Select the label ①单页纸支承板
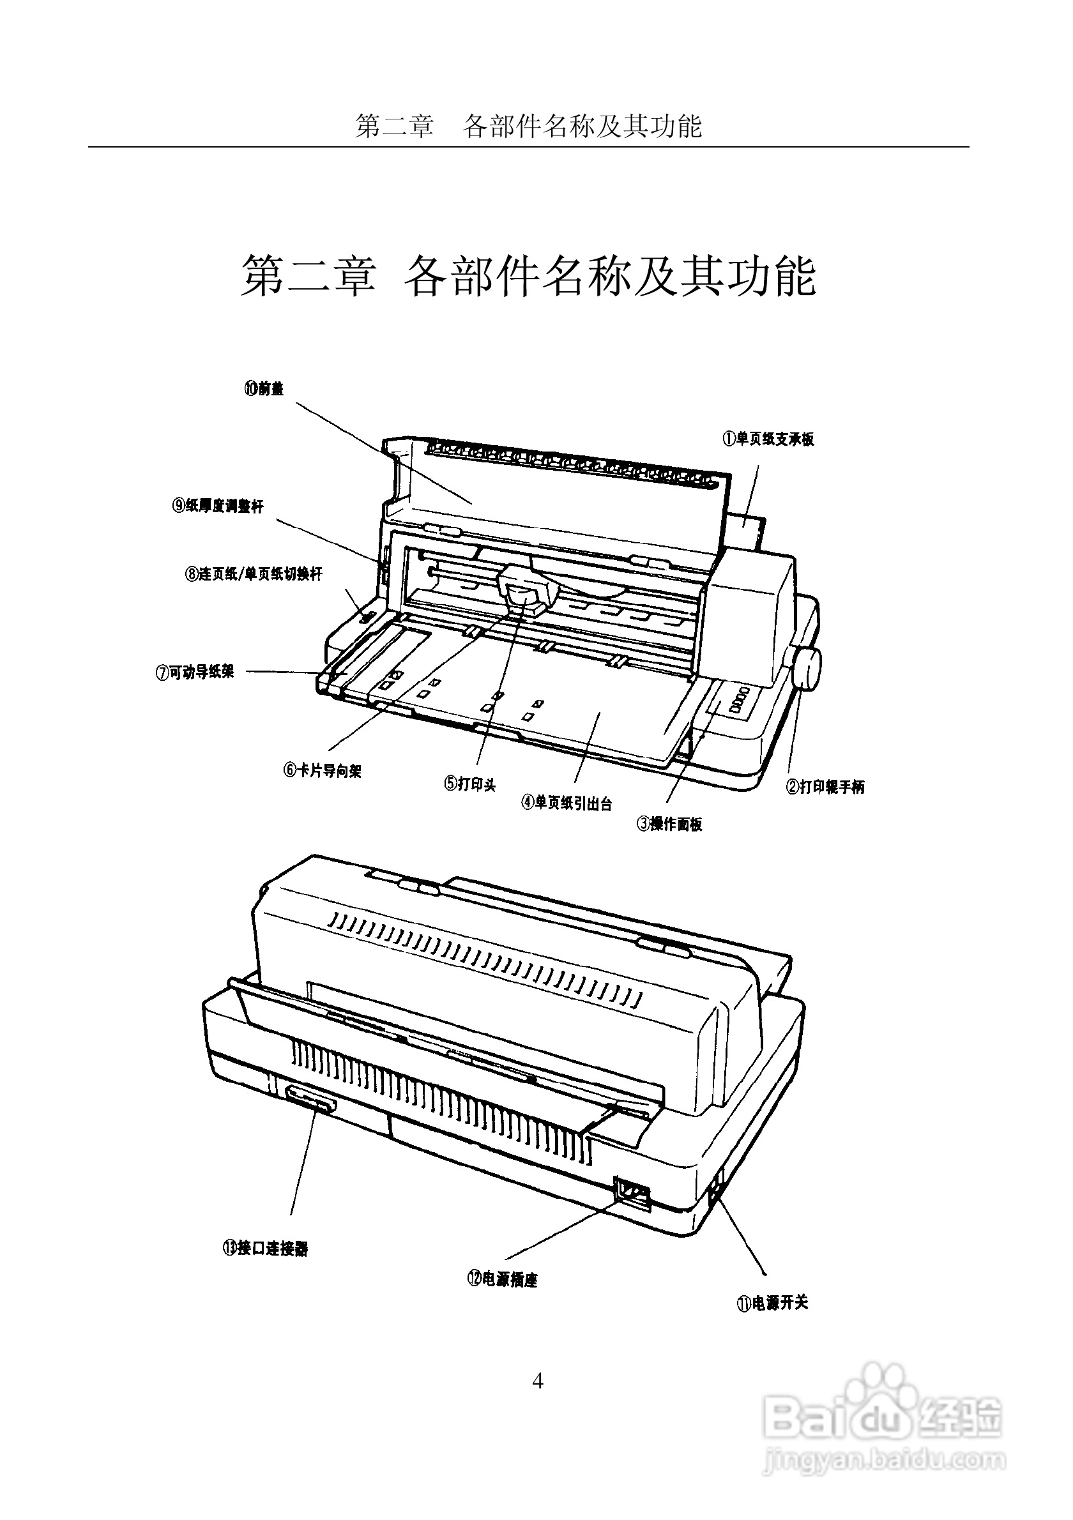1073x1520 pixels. (x=768, y=439)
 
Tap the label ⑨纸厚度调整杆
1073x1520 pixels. (x=218, y=506)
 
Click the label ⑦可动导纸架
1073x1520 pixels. (x=195, y=673)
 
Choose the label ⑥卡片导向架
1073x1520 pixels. (x=323, y=771)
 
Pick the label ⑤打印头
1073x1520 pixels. (x=470, y=784)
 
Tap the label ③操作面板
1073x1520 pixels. (x=669, y=825)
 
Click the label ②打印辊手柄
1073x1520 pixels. (x=825, y=787)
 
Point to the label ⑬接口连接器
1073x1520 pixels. (x=265, y=1249)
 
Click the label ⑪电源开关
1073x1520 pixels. (x=772, y=1303)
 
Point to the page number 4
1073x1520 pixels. (x=538, y=1381)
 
